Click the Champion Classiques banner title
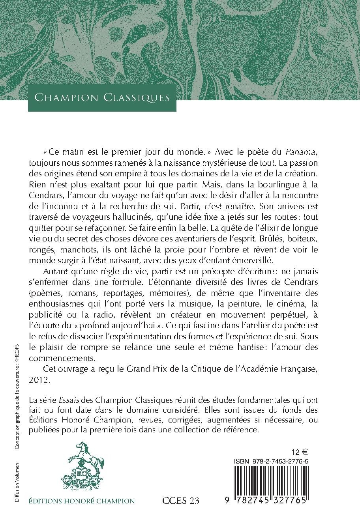coord(102,97)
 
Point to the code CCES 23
coord(181,501)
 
